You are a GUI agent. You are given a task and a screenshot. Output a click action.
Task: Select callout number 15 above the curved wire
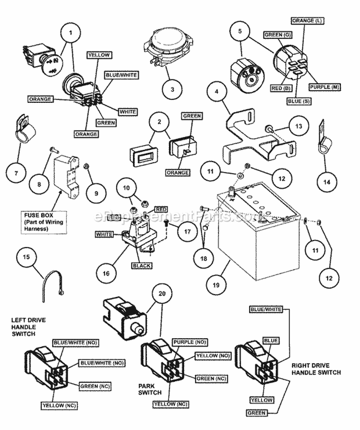click(26, 257)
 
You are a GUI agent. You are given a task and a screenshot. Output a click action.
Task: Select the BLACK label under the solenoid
click(142, 266)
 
